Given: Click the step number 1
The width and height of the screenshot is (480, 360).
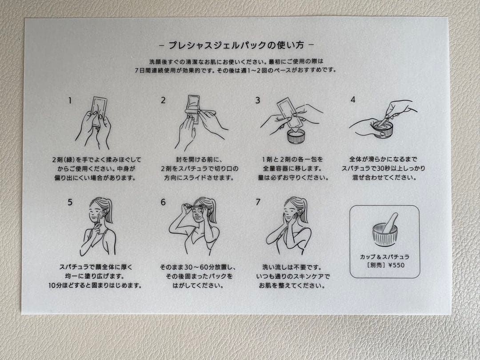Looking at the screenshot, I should [x=69, y=100].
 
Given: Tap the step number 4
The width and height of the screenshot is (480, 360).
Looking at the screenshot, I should [x=352, y=100].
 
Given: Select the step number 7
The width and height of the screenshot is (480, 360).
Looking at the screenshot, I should [x=258, y=202].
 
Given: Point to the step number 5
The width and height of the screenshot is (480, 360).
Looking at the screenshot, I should [x=70, y=202].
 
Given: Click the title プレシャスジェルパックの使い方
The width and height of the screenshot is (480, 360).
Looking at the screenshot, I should [x=236, y=45].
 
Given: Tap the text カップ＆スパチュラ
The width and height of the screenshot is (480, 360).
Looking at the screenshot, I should [x=384, y=257].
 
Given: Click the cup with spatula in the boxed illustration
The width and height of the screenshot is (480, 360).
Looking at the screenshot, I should [x=384, y=231].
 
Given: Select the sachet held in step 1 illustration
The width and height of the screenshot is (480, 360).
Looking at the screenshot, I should [x=99, y=109].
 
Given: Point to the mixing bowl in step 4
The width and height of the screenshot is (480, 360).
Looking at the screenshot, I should [x=383, y=129].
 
